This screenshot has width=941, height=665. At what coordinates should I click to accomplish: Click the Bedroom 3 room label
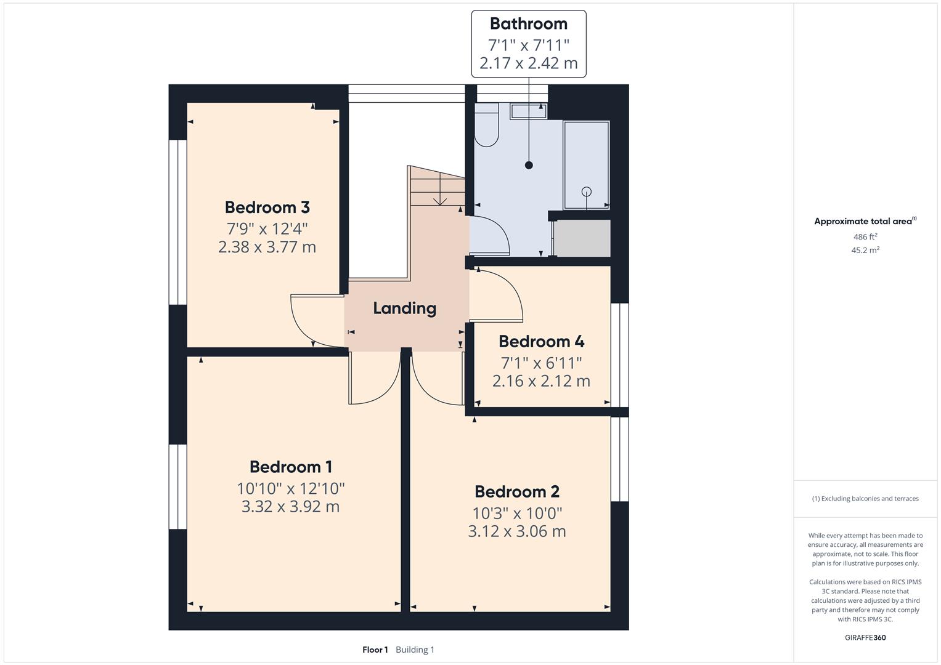(267, 208)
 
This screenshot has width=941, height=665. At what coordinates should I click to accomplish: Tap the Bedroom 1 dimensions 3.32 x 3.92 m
(290, 507)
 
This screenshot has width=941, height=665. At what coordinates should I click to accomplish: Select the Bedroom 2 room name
(517, 492)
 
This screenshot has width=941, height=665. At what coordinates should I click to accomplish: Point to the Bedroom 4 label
(541, 342)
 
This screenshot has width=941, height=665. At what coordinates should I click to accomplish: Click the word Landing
(404, 308)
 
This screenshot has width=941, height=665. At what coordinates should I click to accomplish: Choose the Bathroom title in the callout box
(528, 24)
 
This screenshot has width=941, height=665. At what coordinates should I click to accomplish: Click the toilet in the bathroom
(486, 126)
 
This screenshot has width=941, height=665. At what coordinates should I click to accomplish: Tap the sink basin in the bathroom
(528, 111)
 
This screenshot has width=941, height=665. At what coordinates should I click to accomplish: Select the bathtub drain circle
(586, 191)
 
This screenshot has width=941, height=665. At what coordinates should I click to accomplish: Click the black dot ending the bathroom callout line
(529, 165)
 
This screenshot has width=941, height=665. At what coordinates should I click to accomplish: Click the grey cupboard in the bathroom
(583, 238)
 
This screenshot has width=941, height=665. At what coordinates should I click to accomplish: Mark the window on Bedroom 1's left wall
(177, 486)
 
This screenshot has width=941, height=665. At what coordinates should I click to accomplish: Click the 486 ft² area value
(865, 237)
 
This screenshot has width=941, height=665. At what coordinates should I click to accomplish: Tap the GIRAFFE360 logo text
(865, 637)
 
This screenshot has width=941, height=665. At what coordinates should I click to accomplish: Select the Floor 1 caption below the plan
(375, 650)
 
